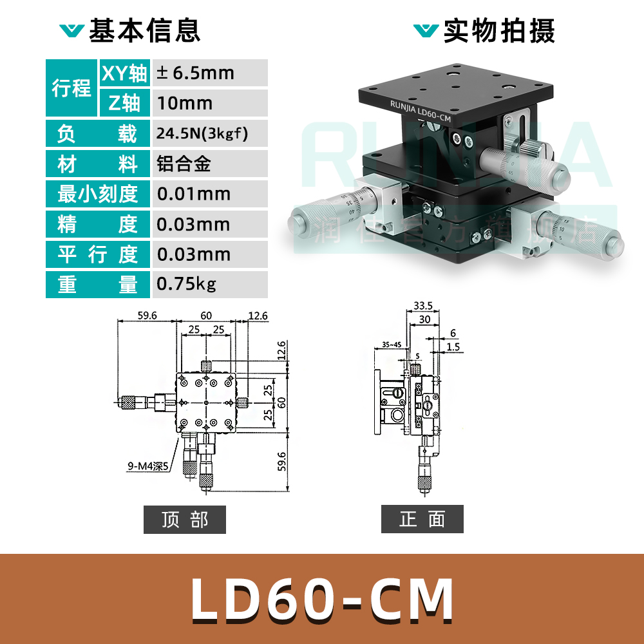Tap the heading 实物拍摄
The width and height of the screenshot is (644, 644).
point(498,31)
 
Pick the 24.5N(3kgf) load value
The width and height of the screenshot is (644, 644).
point(202,134)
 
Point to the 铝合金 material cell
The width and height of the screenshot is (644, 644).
point(184,164)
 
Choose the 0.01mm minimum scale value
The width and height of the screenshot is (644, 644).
point(194,194)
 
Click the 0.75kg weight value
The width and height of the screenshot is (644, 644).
point(187,284)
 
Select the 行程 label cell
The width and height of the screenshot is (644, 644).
point(71,88)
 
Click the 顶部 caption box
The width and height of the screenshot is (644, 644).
point(185,519)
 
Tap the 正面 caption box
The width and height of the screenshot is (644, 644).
point(422,519)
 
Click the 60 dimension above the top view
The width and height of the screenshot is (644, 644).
point(206,315)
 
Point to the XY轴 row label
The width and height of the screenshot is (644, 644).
point(124,73)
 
